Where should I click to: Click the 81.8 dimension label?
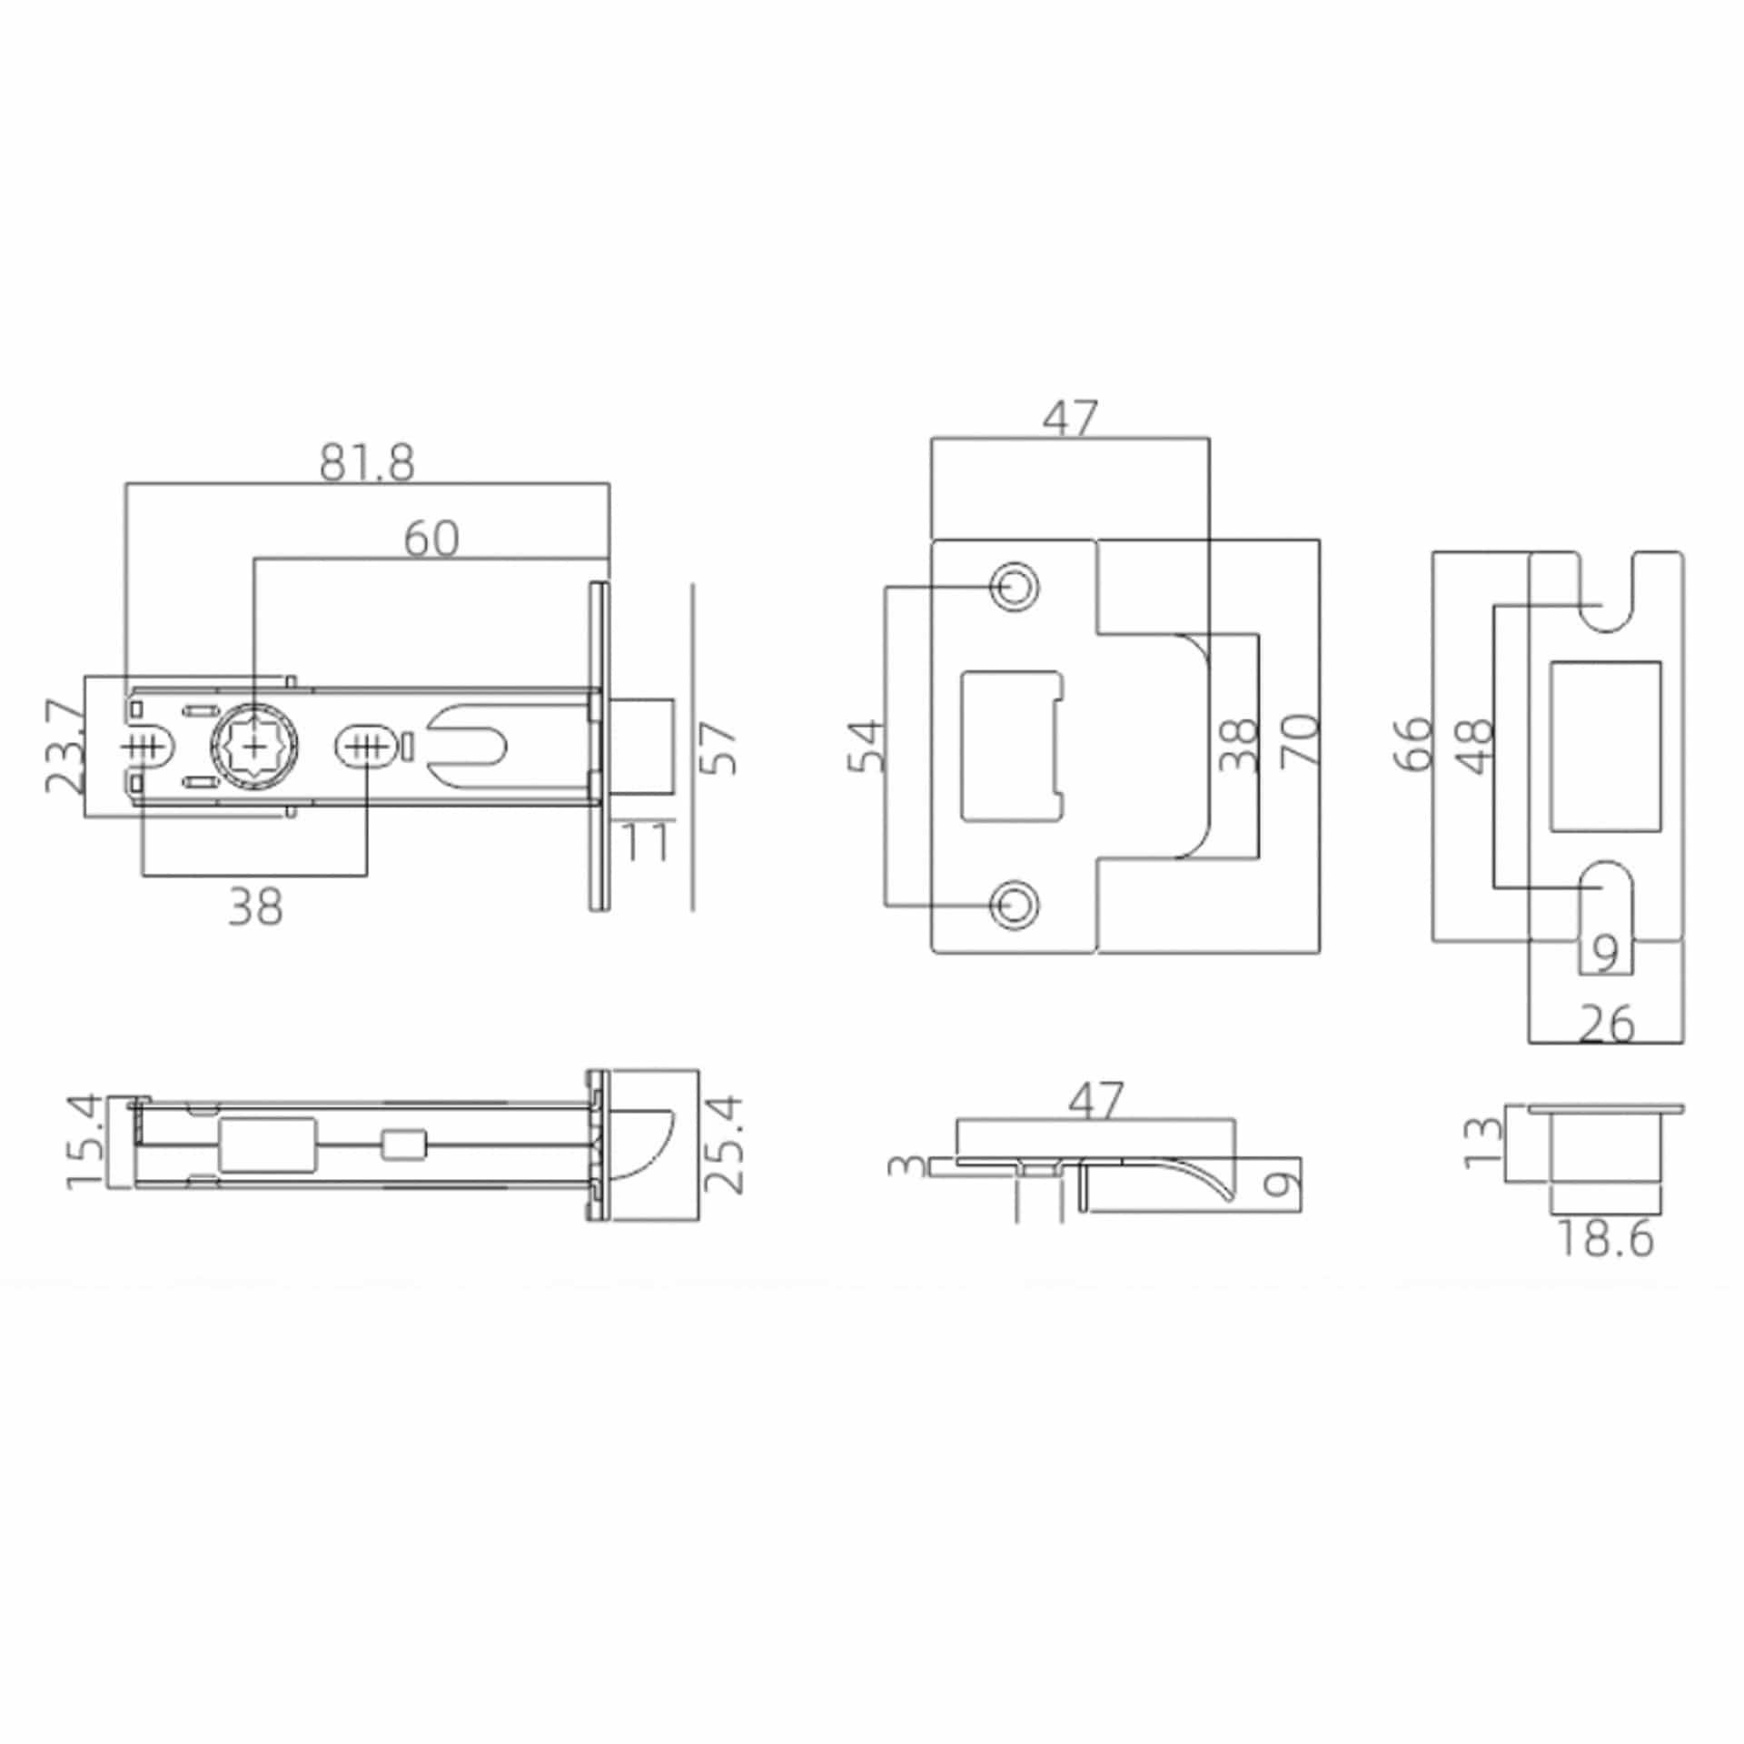(367, 463)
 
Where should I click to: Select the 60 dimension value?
(431, 539)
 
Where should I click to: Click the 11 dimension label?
(645, 841)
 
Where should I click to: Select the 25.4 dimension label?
(725, 1144)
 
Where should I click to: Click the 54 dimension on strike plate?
(867, 746)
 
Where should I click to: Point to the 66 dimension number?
(1412, 744)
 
